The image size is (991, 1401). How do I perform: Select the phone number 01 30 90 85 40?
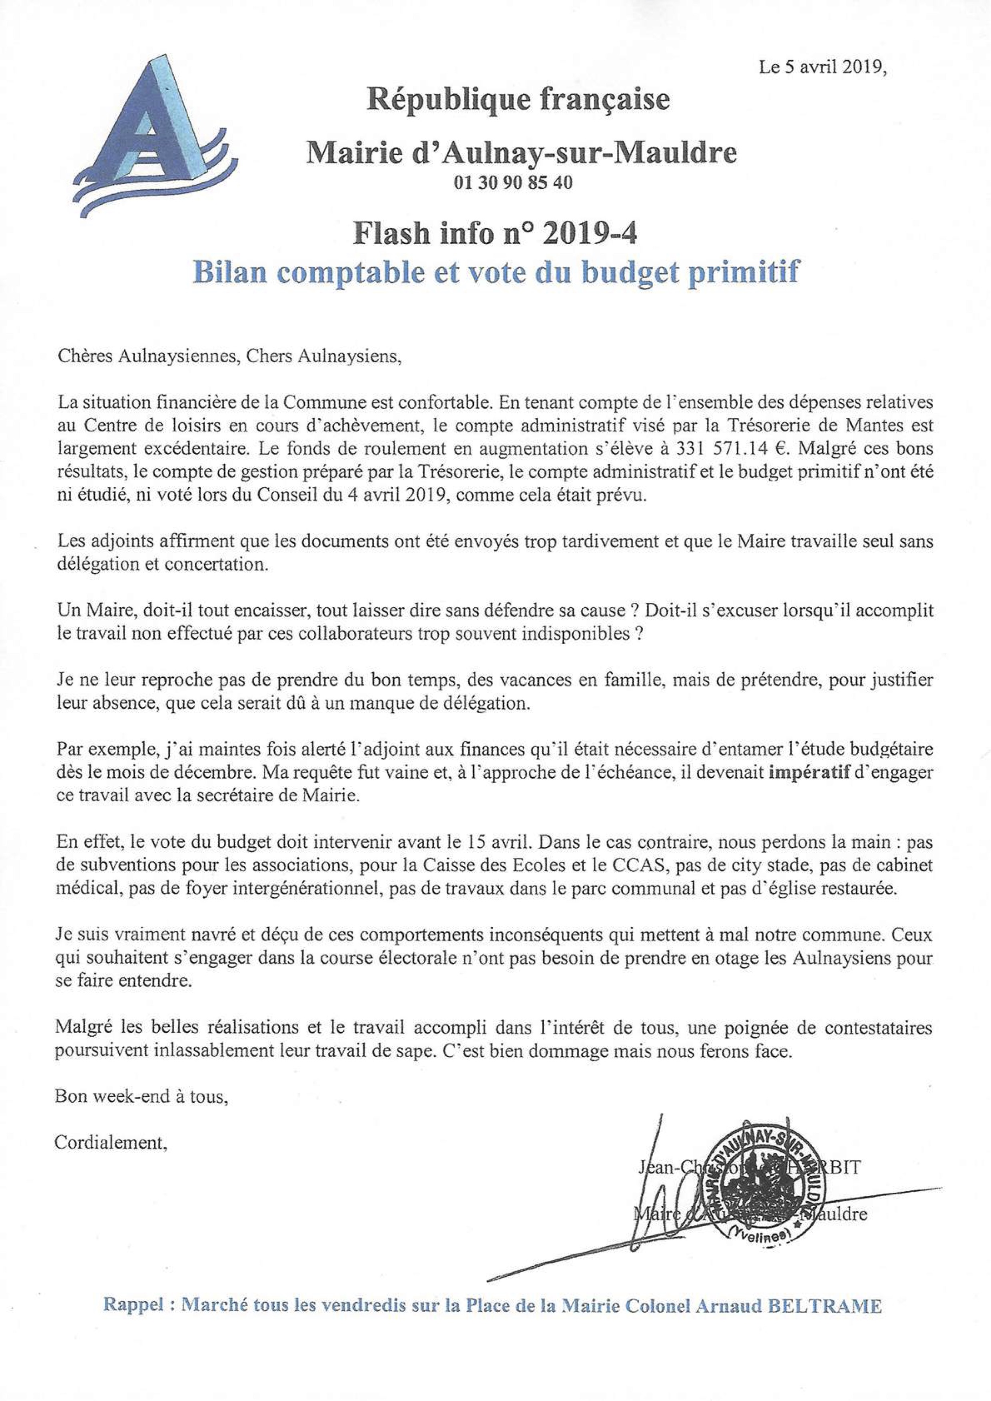[x=512, y=182]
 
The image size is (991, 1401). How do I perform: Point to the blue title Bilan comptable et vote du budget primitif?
[x=496, y=272]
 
